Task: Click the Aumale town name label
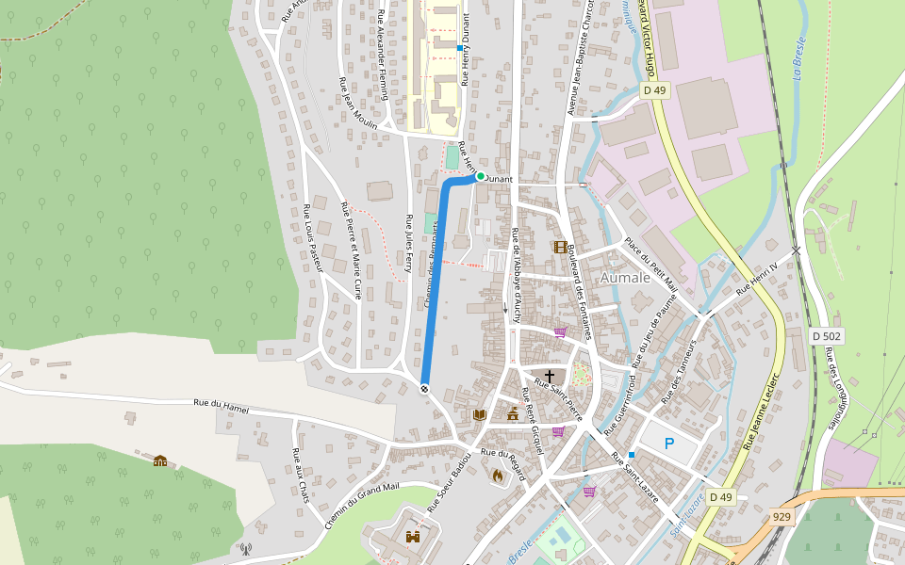click(x=625, y=278)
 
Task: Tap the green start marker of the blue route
click(x=480, y=176)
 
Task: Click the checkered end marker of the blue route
click(x=424, y=387)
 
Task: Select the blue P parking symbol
click(x=669, y=444)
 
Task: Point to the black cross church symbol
click(x=550, y=376)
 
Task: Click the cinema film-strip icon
click(x=562, y=247)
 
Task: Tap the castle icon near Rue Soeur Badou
click(x=412, y=537)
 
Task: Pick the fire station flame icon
click(x=497, y=476)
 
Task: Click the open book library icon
click(x=479, y=414)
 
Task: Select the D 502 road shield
click(x=827, y=335)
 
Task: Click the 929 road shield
click(x=782, y=516)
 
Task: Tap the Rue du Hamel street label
click(x=221, y=406)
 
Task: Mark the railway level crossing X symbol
click(x=797, y=250)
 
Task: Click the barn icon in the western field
click(x=160, y=460)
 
